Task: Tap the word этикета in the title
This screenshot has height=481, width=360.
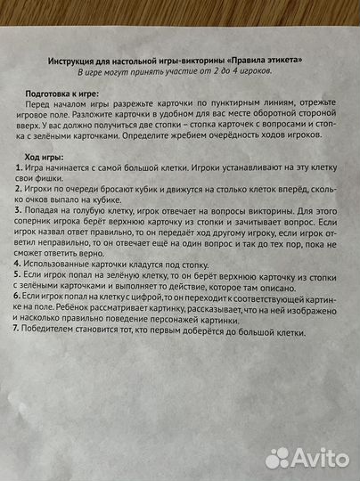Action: pyautogui.click(x=277, y=59)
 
